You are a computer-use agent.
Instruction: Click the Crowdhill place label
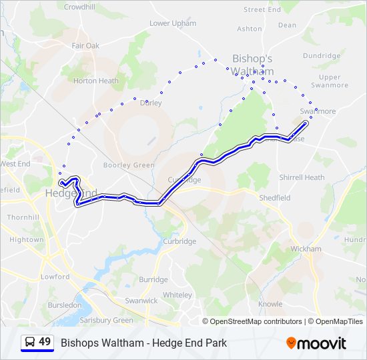click(80, 6)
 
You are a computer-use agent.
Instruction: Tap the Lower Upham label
click(173, 23)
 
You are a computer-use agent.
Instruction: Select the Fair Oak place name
click(85, 46)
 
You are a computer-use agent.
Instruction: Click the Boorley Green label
click(129, 165)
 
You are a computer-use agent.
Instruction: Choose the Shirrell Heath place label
click(302, 177)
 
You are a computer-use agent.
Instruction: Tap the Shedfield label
click(274, 198)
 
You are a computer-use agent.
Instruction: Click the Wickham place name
click(306, 249)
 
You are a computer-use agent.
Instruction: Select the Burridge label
click(153, 280)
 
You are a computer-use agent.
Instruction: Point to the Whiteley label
click(177, 295)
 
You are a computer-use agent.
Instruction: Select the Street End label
click(262, 10)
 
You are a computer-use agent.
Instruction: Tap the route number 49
click(45, 342)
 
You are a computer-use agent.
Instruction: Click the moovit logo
click(316, 343)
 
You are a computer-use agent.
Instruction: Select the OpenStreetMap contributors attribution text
click(256, 321)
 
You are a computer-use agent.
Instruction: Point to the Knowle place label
click(270, 304)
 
